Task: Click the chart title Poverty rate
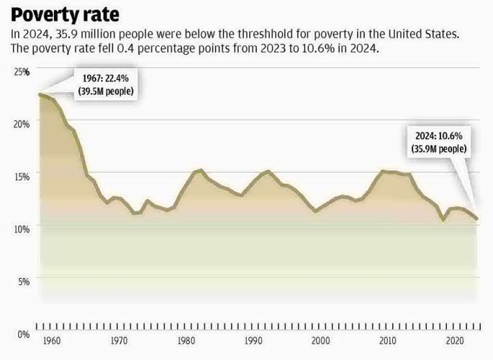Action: (64, 14)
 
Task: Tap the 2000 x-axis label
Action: (321, 340)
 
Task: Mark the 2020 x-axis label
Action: (455, 340)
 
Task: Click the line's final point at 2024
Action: (476, 218)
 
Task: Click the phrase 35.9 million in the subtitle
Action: (75, 34)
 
